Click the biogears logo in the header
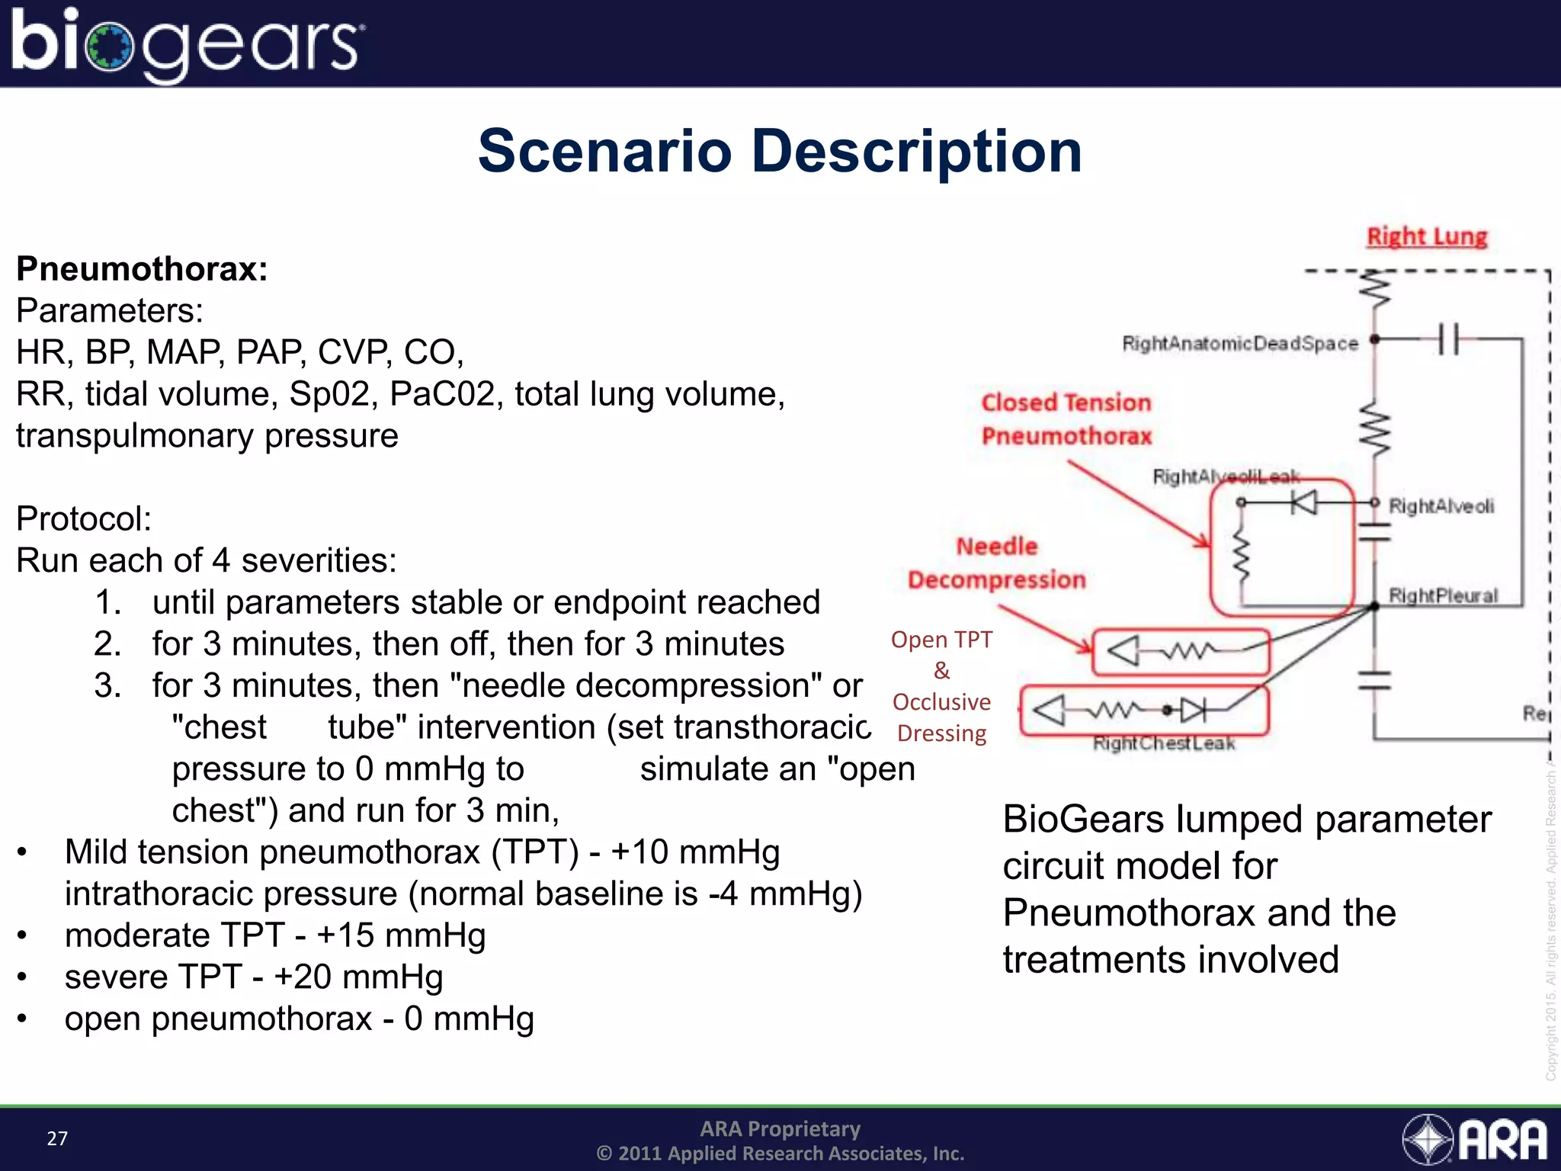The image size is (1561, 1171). click(187, 43)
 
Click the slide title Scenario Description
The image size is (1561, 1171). click(779, 152)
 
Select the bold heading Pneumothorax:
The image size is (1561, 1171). click(142, 269)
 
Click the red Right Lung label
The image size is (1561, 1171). click(1426, 236)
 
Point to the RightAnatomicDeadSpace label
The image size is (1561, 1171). click(1239, 344)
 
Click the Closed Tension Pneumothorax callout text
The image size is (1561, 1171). click(1066, 419)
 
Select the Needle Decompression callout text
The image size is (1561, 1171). click(996, 563)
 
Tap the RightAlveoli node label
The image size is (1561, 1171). click(1441, 506)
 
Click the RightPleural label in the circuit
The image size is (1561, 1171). click(1442, 595)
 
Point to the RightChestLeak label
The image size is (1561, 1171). click(1163, 743)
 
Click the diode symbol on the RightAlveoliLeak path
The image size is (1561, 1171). click(1304, 502)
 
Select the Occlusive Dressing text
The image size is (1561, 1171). click(941, 717)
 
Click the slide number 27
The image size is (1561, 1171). click(57, 1138)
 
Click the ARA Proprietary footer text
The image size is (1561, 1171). click(780, 1128)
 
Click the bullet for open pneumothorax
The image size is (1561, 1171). click(23, 1019)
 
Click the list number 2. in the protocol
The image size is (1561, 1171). click(107, 644)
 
